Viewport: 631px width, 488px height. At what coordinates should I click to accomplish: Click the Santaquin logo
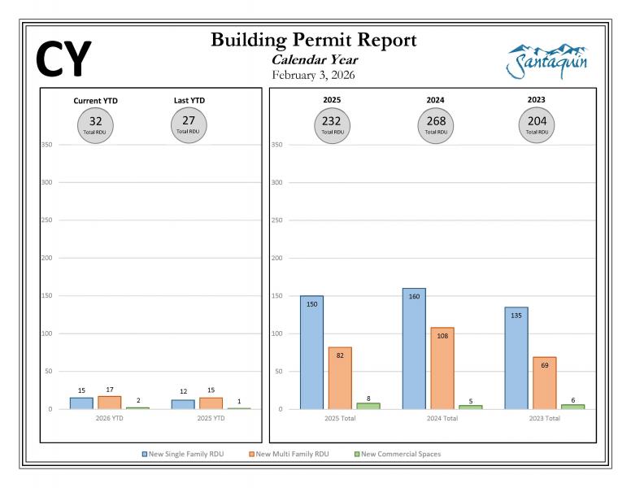coord(546,61)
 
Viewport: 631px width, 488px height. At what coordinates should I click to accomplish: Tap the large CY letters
coord(63,59)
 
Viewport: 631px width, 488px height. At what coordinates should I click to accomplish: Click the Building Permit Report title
coord(313,40)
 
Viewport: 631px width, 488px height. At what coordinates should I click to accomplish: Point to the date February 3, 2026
coord(313,75)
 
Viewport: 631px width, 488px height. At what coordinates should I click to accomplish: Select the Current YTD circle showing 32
coord(96,124)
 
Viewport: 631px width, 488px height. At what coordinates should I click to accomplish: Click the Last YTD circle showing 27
coord(189,124)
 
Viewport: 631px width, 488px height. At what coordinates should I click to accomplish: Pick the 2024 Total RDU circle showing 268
coord(435,124)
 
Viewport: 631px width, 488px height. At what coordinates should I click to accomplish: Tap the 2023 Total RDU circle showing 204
coord(536,124)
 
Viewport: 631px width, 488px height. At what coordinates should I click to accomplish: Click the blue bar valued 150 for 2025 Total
coord(311,352)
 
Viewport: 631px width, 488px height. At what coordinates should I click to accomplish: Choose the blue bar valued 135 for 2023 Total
coord(516,358)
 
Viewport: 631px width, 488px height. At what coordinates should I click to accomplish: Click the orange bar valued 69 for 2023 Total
coord(545,382)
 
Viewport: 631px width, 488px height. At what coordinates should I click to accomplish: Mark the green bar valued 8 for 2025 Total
coord(368,405)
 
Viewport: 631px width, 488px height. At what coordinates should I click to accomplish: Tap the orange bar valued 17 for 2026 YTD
coord(110,403)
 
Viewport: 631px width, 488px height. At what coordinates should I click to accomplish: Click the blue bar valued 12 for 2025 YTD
coord(183,404)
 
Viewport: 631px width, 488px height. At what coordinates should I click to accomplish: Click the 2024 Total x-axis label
coord(442,419)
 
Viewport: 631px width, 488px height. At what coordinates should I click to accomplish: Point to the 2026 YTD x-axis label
coord(109,419)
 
